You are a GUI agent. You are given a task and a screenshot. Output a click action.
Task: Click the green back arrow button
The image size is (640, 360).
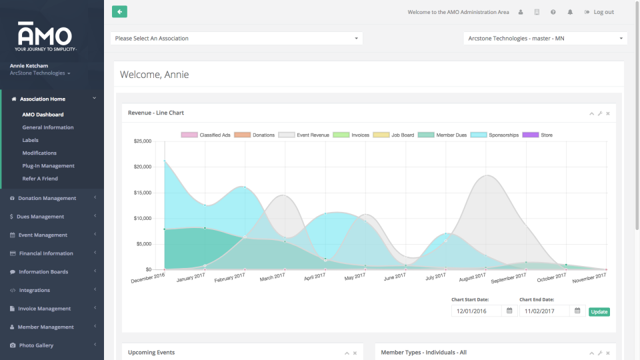[x=119, y=11]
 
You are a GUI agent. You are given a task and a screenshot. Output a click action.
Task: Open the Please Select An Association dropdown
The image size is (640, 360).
[x=236, y=39]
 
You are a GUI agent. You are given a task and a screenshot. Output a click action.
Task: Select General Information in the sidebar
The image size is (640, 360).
[x=48, y=127]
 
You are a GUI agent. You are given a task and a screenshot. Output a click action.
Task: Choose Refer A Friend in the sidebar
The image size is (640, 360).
[x=40, y=179]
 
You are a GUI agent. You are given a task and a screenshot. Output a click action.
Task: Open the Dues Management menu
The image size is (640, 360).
[x=41, y=217]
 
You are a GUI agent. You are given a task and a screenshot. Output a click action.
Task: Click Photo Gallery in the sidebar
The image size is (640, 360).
[x=36, y=345]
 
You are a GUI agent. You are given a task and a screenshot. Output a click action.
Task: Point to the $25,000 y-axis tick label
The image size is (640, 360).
[x=143, y=141]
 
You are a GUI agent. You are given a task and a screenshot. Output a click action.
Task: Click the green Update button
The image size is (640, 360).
[x=599, y=311]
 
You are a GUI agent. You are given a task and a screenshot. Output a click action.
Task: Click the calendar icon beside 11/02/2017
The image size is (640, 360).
[x=577, y=311]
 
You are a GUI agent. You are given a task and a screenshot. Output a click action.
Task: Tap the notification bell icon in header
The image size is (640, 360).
[x=570, y=12]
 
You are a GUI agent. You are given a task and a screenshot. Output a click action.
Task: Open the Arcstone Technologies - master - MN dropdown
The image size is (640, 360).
[x=545, y=39]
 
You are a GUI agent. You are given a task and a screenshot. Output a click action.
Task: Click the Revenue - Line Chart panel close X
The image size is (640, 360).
[x=608, y=113]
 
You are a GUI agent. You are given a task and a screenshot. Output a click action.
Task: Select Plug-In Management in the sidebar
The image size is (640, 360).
[x=48, y=166]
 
